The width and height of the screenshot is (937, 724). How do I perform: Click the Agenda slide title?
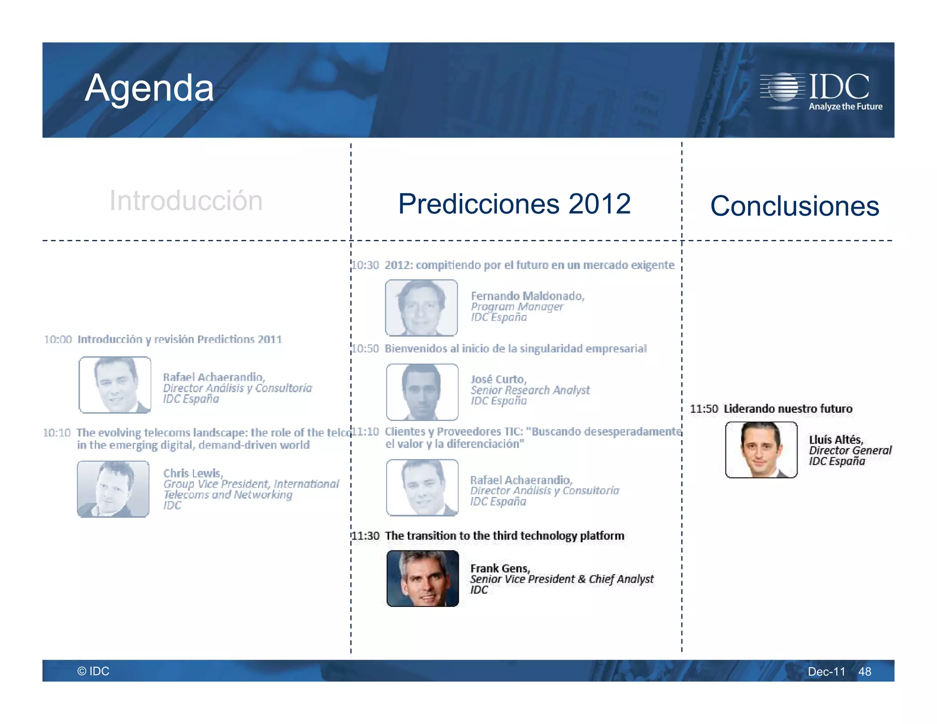coord(149,88)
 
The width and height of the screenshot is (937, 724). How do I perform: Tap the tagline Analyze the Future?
coord(845,107)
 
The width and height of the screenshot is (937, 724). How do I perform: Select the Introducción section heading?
coord(186,200)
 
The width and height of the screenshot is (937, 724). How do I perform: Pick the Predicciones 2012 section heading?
coord(514,204)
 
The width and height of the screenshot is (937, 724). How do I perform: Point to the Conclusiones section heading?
coord(794,206)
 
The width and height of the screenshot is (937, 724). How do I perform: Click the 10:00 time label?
coord(58,340)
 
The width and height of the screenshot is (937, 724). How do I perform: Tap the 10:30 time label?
coord(366,265)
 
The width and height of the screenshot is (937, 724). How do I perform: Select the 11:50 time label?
coord(704,409)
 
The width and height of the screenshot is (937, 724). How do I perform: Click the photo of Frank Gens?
coord(423,578)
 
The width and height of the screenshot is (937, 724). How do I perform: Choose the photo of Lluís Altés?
coord(761,450)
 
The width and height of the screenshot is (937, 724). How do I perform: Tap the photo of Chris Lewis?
coord(113,489)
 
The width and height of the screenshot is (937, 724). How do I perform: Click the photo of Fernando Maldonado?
coord(421,308)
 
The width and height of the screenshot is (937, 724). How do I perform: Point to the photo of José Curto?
coord(422,392)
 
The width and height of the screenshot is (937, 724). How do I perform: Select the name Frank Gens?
coord(500,568)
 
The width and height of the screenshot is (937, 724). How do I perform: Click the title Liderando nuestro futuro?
coord(788,409)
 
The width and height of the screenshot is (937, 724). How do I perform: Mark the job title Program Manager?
coord(517,307)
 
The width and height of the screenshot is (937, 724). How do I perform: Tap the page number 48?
coord(864,671)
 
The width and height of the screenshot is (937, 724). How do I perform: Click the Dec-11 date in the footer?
coord(826,671)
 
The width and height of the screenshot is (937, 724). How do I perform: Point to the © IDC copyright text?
coord(93,671)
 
